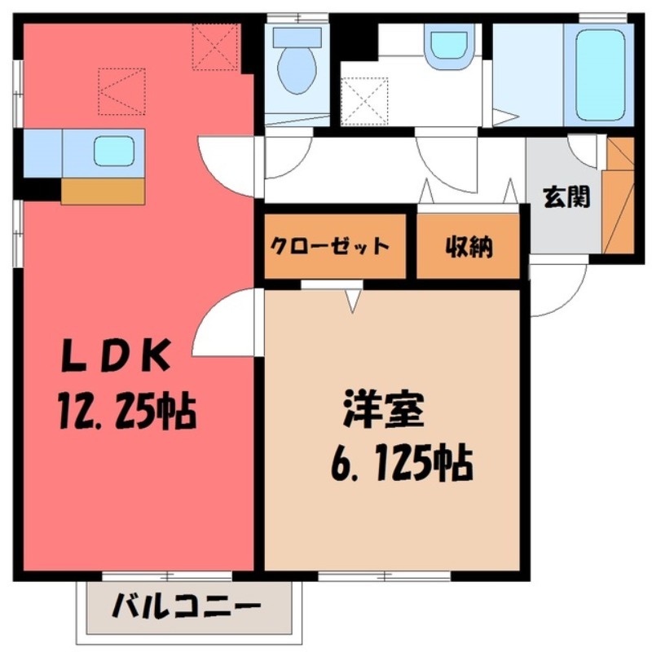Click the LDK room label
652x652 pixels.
pyautogui.click(x=117, y=355)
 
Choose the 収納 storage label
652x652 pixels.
pyautogui.click(x=469, y=246)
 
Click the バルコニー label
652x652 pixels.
pyautogui.click(x=187, y=608)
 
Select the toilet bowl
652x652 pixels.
pyautogui.click(x=297, y=65)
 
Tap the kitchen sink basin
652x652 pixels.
pyautogui.click(x=113, y=152)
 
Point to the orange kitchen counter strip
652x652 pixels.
pyautogui.click(x=103, y=191)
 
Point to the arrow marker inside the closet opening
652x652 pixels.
pyautogui.click(x=353, y=300)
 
